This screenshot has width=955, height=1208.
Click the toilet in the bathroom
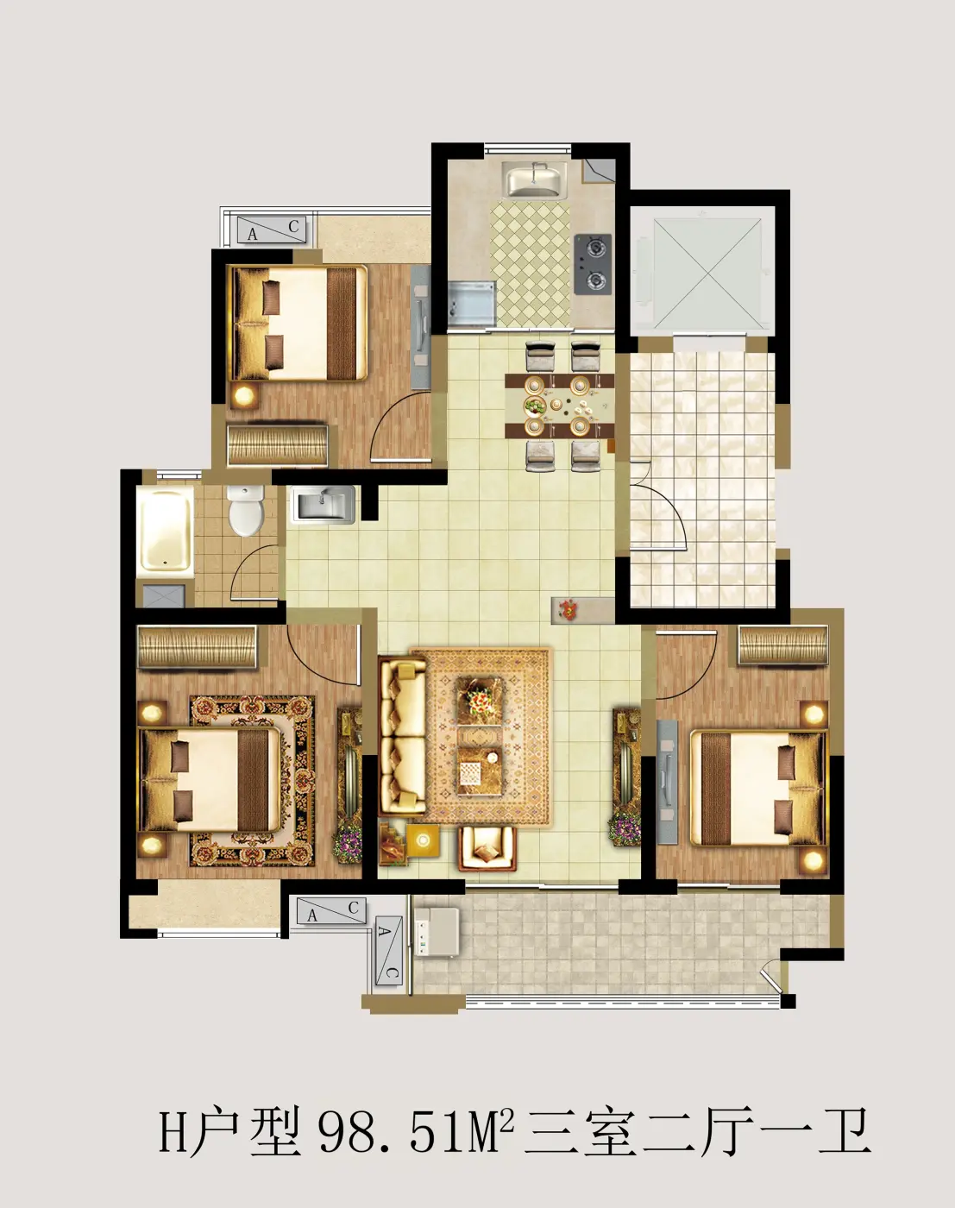(x=245, y=510)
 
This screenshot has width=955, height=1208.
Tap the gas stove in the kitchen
(x=593, y=264)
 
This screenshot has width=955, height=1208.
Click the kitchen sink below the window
(x=536, y=179)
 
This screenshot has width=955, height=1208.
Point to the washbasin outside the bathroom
(x=323, y=505)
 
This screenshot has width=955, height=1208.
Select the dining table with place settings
(x=560, y=406)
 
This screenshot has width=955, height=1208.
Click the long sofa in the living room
(x=402, y=738)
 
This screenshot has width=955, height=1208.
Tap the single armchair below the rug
(x=487, y=849)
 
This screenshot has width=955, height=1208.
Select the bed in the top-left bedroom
(x=300, y=323)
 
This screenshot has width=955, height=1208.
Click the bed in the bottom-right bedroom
(x=759, y=787)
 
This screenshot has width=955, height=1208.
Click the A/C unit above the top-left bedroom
(x=272, y=230)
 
